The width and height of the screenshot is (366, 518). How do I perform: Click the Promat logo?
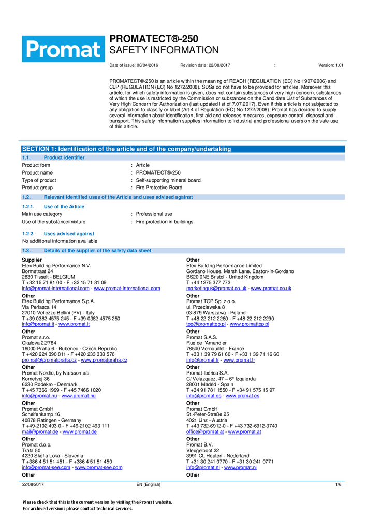click(63, 50)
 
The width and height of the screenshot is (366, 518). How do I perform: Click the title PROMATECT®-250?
click(153, 39)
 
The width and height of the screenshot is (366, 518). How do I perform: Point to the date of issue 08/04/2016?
click(148, 65)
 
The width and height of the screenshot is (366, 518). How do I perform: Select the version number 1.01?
click(339, 65)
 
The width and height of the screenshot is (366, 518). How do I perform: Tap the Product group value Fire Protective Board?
click(159, 188)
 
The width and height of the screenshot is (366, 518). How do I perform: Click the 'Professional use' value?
click(154, 214)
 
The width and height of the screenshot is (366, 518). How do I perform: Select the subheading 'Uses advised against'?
click(69, 234)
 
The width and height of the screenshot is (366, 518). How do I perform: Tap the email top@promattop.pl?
click(206, 324)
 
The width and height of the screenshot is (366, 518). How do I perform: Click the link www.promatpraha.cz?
click(104, 360)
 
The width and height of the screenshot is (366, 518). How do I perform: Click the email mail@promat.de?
click(40, 431)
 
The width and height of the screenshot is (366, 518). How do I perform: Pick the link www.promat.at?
click(244, 431)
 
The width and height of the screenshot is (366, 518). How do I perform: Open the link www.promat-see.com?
click(98, 467)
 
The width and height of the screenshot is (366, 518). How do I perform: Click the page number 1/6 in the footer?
click(338, 484)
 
